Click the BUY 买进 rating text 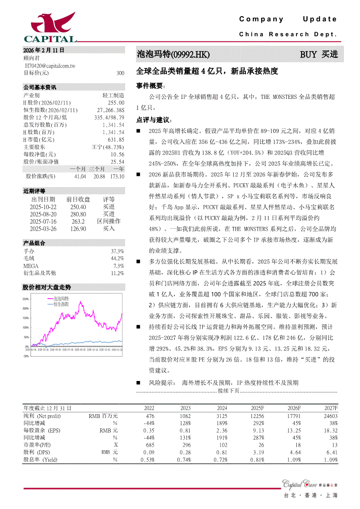click(x=319, y=54)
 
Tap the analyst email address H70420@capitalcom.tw click(x=50, y=65)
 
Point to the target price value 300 click(x=120, y=73)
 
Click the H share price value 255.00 click(x=116, y=102)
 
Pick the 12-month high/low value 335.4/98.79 click(x=109, y=117)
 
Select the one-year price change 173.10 click(x=117, y=176)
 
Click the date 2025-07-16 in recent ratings click(x=43, y=221)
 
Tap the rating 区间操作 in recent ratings click(x=109, y=221)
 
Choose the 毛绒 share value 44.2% click(x=117, y=259)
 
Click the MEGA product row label click(x=31, y=266)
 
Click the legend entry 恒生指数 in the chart click(x=61, y=304)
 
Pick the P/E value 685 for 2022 click(x=149, y=445)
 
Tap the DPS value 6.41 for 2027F click(x=332, y=452)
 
